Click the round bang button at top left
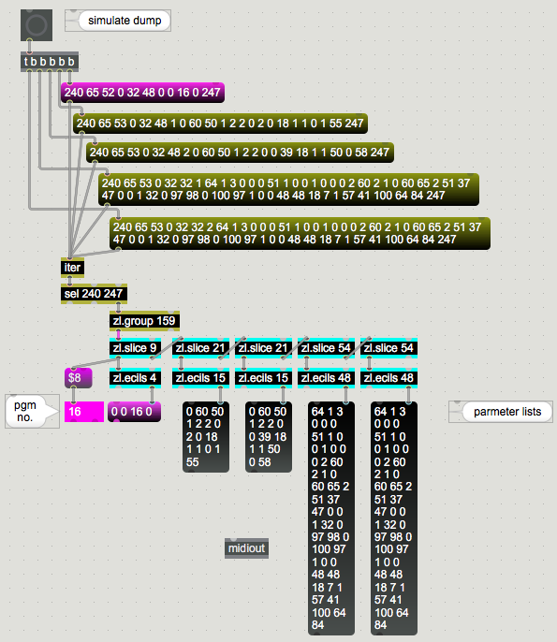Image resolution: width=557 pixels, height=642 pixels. point(37,25)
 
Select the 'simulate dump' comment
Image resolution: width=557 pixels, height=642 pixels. point(118,21)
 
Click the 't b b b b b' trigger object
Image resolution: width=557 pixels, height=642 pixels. point(50,62)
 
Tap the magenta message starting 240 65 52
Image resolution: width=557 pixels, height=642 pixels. point(142,93)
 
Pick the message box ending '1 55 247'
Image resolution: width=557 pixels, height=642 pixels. point(220,124)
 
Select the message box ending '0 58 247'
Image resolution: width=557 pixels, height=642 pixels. point(240,153)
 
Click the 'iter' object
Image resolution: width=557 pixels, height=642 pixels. point(72,268)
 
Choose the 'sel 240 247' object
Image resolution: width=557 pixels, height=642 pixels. point(94,294)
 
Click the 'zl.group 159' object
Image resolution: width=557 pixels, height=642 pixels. point(144,321)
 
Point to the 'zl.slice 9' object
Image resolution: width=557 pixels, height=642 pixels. point(135,348)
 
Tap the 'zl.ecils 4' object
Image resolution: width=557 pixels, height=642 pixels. point(135,378)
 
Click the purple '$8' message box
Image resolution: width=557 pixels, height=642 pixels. point(79,377)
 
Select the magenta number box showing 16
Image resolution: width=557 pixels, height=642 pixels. point(84,412)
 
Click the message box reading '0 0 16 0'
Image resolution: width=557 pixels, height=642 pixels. point(135,412)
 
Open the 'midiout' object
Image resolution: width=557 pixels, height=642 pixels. point(246,548)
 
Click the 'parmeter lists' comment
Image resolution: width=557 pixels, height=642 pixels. point(501,412)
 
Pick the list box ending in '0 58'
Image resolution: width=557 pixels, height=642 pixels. point(269,437)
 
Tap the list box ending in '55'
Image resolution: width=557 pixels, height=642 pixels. point(206,437)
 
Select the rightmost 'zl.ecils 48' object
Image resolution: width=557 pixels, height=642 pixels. point(389,378)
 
